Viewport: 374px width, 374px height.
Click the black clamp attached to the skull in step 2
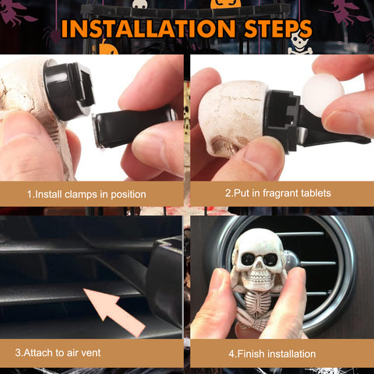288,117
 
